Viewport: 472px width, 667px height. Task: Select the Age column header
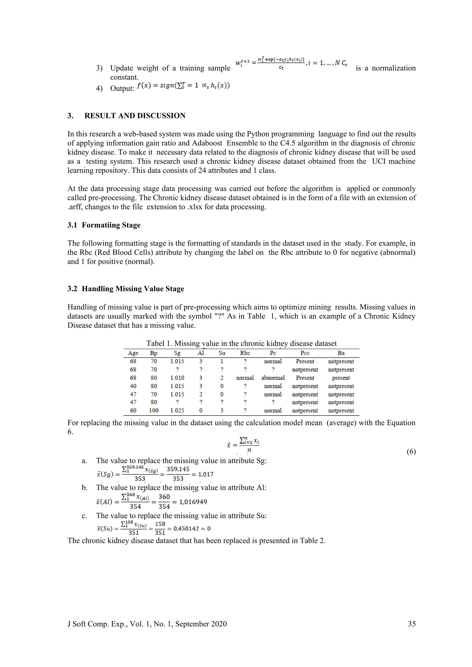(x=133, y=353)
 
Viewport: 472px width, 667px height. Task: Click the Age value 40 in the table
(x=133, y=386)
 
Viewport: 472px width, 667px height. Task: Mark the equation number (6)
(x=411, y=451)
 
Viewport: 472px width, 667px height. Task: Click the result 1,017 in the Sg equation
(x=206, y=474)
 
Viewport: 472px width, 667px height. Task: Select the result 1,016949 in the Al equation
(x=193, y=502)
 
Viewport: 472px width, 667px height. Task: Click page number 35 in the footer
(x=412, y=624)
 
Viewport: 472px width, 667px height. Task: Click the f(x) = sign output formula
(x=183, y=86)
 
